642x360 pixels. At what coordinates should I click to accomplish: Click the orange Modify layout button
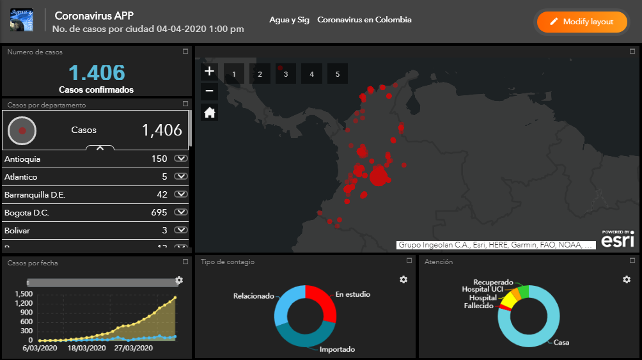581,22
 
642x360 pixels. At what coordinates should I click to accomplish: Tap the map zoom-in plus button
210,71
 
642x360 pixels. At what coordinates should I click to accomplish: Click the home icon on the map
210,113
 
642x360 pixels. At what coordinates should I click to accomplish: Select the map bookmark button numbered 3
286,74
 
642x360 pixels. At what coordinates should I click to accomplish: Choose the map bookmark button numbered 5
337,74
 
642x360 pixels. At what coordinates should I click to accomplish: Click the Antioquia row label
22,159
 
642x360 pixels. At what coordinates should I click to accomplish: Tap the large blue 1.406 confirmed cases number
97,73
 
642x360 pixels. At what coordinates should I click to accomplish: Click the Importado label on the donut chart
336,349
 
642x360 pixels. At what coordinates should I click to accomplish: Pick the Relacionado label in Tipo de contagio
253,296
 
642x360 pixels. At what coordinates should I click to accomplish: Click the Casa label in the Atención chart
561,342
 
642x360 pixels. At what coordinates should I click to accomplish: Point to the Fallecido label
478,306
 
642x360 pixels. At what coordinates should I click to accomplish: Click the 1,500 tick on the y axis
23,293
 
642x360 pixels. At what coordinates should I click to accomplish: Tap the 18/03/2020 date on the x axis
87,348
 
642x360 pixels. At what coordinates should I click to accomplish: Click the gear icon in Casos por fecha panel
179,280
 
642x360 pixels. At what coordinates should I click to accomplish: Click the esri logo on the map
618,239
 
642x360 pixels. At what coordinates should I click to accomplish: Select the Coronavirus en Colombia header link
364,20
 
